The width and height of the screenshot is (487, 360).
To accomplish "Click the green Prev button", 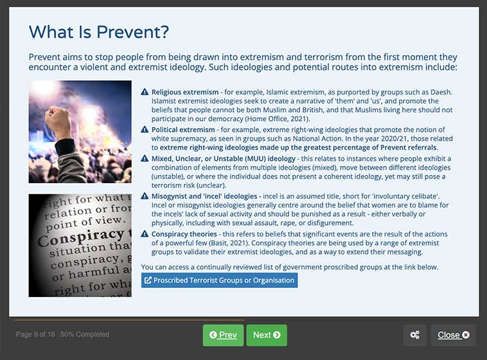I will pos(223,335).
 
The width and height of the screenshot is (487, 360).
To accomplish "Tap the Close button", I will pos(453,335).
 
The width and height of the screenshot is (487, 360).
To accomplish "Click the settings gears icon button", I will pos(414,335).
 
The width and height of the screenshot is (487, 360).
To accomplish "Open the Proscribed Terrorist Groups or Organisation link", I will pos(219,280).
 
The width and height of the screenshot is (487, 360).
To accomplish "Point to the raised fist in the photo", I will pos(59,122).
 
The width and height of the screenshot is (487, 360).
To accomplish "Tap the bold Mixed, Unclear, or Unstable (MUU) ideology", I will pos(224,159).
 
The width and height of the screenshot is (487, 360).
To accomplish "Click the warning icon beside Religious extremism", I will pos(145,92).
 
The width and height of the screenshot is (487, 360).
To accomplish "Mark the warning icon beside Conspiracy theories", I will pos(145,234).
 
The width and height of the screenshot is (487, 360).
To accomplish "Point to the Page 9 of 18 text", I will pos(35,334).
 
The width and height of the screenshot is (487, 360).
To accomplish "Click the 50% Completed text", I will pos(85,334).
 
